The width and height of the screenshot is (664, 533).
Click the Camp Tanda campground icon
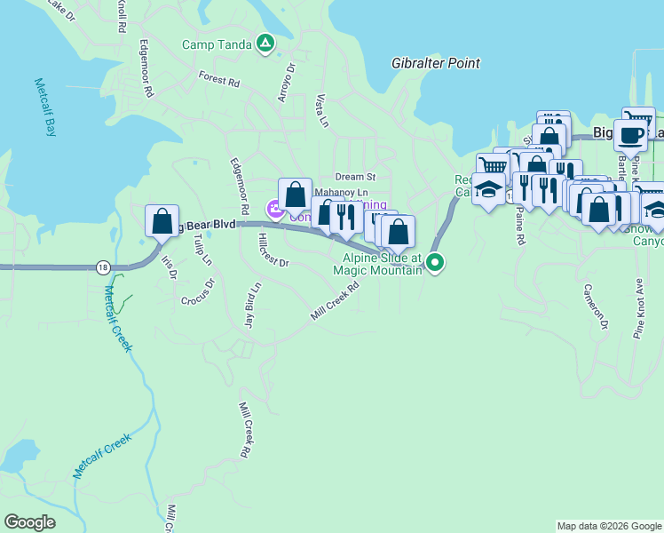click(x=265, y=43)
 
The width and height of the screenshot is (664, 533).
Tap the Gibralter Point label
click(x=436, y=63)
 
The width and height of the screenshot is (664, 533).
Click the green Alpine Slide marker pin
click(x=435, y=262)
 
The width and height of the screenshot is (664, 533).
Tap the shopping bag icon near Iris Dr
click(x=162, y=221)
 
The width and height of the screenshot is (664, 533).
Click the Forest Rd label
click(x=220, y=80)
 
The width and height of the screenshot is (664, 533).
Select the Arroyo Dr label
click(x=286, y=82)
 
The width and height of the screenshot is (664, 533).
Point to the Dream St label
click(x=356, y=178)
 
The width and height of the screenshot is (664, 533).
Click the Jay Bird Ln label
click(x=252, y=306)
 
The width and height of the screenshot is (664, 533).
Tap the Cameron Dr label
click(x=596, y=307)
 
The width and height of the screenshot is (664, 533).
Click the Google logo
click(x=29, y=522)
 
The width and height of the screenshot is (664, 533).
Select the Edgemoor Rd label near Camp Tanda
click(x=142, y=68)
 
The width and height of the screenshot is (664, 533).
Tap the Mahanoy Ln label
click(x=341, y=192)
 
